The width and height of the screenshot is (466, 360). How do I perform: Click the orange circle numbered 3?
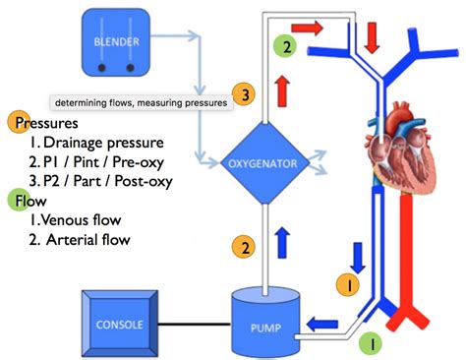coord(247,94)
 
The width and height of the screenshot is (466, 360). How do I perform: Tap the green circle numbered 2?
coord(286,45)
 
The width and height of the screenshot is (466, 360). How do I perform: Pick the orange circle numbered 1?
coord(344,283)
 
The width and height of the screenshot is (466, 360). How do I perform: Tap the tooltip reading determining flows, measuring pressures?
coord(140,101)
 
